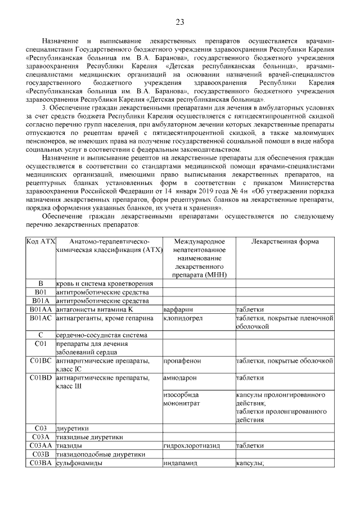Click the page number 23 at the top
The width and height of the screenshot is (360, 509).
180,22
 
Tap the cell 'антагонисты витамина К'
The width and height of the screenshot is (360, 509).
94,309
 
